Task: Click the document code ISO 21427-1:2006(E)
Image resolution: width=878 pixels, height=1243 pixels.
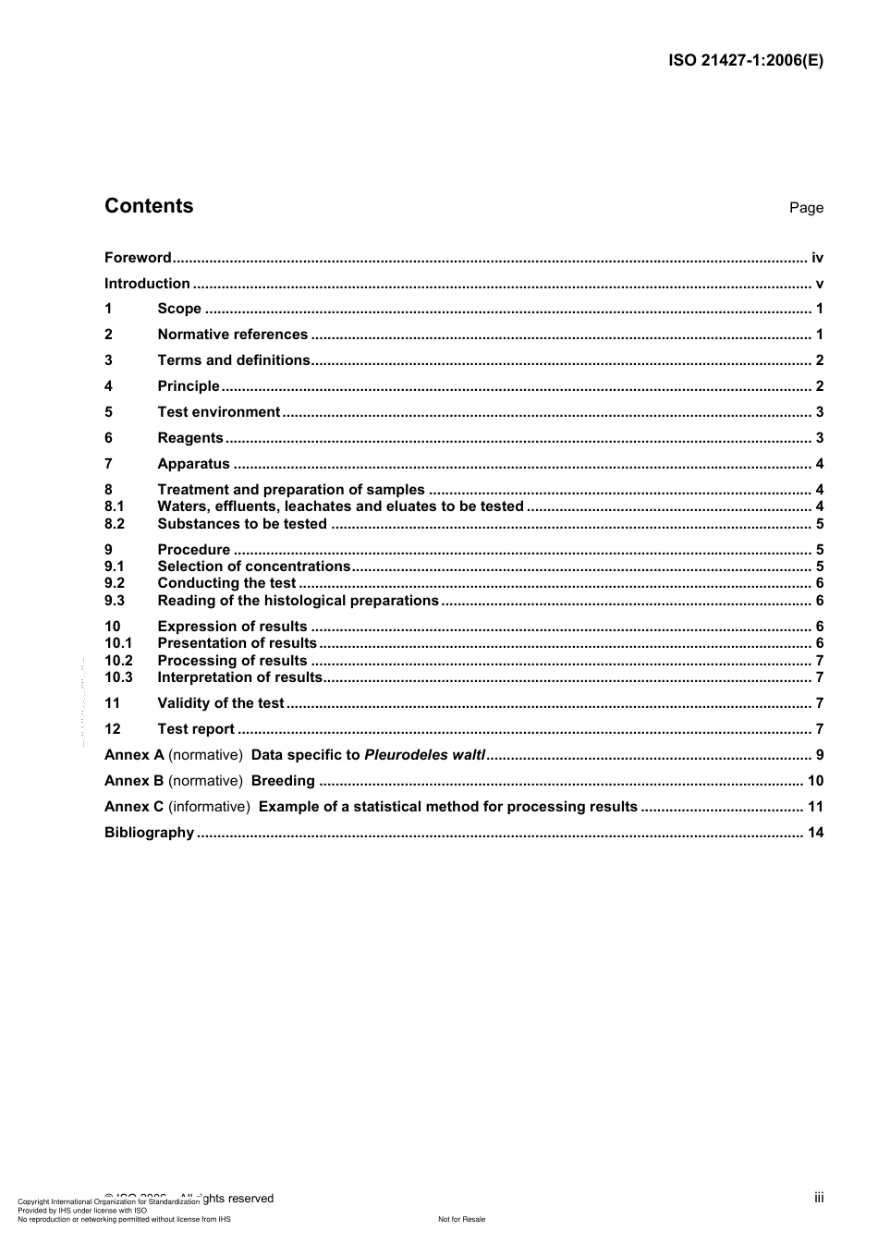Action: click(x=745, y=61)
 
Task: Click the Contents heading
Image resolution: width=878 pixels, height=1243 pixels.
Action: click(x=149, y=206)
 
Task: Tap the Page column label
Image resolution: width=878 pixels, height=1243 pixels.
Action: click(x=806, y=208)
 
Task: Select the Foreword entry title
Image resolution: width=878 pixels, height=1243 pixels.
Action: click(x=138, y=258)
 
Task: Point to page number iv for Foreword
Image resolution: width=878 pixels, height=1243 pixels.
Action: click(x=817, y=258)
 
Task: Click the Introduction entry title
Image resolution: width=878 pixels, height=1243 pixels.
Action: click(x=147, y=284)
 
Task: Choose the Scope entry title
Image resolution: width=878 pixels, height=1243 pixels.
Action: click(x=179, y=309)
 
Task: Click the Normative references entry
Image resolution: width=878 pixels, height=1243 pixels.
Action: click(x=232, y=335)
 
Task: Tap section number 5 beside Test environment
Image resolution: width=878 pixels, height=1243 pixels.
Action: click(x=108, y=412)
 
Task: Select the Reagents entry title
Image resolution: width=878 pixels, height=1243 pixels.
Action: click(x=190, y=438)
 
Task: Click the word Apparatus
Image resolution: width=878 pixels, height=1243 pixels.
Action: click(x=193, y=464)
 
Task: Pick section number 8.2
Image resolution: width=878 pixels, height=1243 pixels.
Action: click(x=114, y=524)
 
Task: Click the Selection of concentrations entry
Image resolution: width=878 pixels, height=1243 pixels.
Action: click(x=254, y=567)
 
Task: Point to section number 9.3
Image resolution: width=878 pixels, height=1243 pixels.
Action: click(x=114, y=601)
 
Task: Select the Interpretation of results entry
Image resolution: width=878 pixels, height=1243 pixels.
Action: click(x=239, y=677)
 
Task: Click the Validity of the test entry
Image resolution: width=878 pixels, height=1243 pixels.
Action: click(x=221, y=703)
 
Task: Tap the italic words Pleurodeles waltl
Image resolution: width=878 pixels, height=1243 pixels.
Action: click(x=424, y=755)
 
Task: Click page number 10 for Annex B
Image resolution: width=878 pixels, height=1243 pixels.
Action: click(x=815, y=781)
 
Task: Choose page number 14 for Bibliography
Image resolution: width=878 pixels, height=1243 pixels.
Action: click(x=815, y=833)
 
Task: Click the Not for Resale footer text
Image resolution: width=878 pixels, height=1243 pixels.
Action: click(x=461, y=1219)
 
